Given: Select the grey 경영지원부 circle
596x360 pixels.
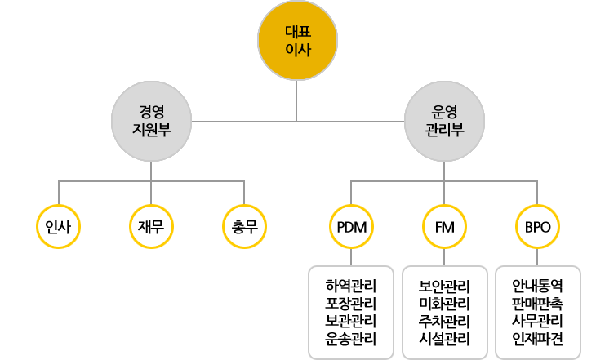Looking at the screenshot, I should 151,121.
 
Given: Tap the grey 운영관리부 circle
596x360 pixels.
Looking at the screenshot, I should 444,121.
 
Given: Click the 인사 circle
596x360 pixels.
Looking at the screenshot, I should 59,226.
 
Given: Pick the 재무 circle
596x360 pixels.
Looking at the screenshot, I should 151,226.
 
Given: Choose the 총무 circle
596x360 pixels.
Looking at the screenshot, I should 245,226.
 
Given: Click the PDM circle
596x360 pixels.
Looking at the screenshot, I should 350,226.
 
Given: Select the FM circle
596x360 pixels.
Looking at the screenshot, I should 444,226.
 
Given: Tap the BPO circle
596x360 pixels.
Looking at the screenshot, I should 538,226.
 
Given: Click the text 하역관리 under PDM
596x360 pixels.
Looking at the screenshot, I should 350,287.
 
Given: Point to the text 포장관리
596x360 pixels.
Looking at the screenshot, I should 350,304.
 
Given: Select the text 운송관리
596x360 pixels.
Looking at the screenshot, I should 350,339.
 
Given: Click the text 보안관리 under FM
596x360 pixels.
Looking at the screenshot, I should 444,287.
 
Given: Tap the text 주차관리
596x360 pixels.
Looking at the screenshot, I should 444,321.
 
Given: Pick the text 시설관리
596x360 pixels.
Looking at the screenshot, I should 444,339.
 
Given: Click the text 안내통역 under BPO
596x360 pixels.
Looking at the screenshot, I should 538,287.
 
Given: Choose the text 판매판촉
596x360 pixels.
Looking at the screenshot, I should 538,304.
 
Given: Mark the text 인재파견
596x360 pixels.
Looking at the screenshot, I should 538,339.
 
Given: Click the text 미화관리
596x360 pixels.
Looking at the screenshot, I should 444,304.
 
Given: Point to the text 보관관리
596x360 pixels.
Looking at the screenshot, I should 350,321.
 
